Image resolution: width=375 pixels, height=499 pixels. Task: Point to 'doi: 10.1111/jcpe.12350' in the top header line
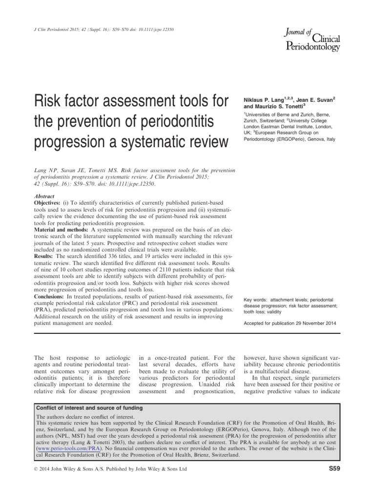pyautogui.click(x=144, y=30)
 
